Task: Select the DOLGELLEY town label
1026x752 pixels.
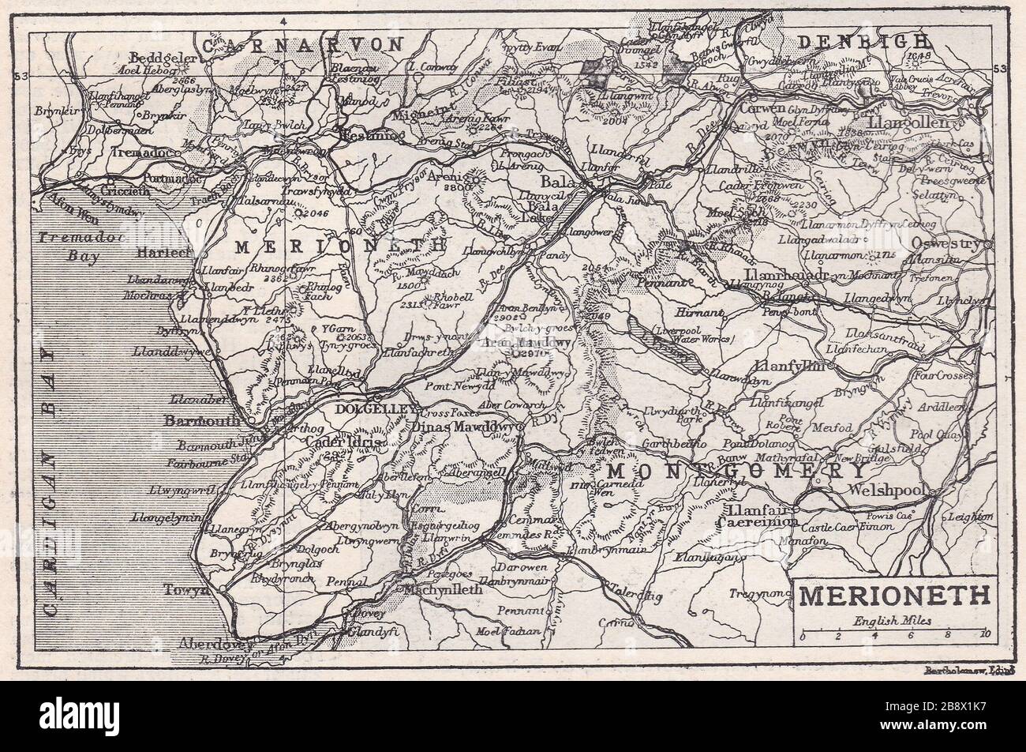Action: pyautogui.click(x=364, y=409)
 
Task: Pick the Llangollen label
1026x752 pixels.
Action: pyautogui.click(x=908, y=125)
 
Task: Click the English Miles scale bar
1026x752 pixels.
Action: pyautogui.click(x=892, y=634)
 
